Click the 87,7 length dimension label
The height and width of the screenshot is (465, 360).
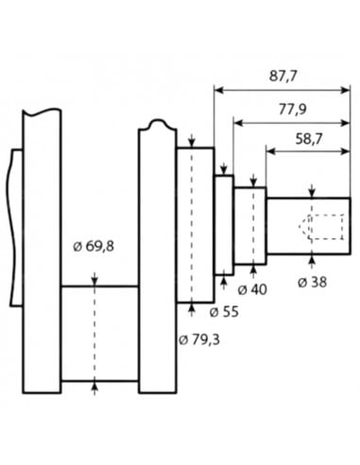tap(283, 77)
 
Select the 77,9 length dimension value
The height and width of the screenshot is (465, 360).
tap(292, 110)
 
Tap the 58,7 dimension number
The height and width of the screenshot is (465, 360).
tap(309, 139)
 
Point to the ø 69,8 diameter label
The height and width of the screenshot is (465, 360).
tap(94, 246)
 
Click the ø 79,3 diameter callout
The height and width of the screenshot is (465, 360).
tap(199, 339)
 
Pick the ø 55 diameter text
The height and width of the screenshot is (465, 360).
tap(224, 312)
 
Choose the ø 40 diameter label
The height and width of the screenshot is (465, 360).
tap(252, 289)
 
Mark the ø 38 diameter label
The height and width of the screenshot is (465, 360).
tap(312, 282)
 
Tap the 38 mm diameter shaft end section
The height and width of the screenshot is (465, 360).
tap(308, 226)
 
